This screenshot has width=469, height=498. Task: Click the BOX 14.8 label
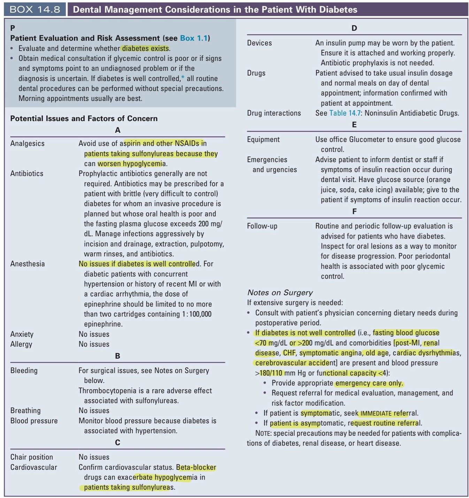35,9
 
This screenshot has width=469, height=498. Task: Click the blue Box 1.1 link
194,38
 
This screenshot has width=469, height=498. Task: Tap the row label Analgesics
28,143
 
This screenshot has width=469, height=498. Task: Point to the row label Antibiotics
27,173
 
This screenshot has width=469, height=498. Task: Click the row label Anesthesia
28,264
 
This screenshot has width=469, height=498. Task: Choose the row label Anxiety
22,334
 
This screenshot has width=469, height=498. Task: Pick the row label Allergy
21,344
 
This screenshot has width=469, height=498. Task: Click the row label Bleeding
24,371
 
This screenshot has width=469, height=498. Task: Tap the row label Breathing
25,411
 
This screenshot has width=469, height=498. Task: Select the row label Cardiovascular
34,467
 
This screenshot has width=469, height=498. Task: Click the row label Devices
260,43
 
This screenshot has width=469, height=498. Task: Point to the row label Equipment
263,140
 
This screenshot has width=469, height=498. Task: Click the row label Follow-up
262,226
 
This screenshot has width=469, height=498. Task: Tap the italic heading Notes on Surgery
280,292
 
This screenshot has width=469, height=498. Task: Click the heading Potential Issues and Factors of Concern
84,119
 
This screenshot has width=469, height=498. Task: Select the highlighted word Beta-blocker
196,467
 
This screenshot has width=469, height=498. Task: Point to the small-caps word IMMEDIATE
376,414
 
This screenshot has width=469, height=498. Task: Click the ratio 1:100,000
197,314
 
